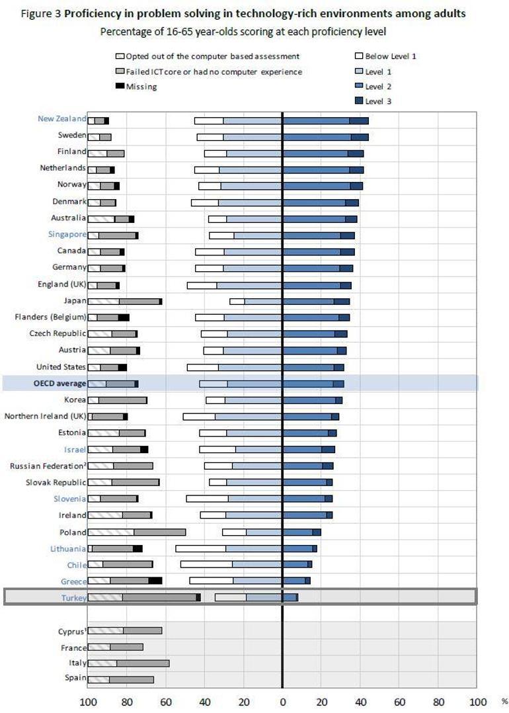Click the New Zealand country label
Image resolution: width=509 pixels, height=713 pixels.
61,119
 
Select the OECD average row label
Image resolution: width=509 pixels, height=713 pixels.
59,383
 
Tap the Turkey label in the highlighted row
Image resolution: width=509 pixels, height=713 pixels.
73,598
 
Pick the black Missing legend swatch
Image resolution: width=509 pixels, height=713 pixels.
120,87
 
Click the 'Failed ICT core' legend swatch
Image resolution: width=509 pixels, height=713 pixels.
120,71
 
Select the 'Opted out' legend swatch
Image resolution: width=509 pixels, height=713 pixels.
120,56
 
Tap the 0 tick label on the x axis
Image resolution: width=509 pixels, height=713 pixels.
282,701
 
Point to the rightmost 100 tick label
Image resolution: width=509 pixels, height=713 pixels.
477,701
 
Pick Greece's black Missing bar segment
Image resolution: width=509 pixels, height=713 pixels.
155,581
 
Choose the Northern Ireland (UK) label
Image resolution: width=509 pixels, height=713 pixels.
45,416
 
